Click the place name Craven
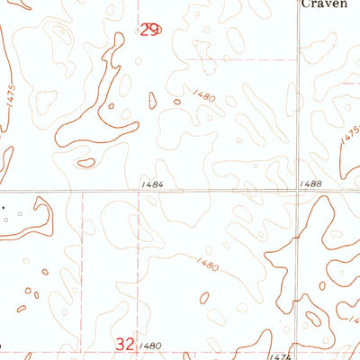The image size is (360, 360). [x=325, y=4]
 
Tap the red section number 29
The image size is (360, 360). [x=149, y=30]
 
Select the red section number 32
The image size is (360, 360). [x=125, y=343]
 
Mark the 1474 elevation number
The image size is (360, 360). [x=281, y=356]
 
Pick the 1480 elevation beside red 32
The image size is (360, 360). [x=151, y=346]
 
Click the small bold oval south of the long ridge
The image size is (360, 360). [x=86, y=163]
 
